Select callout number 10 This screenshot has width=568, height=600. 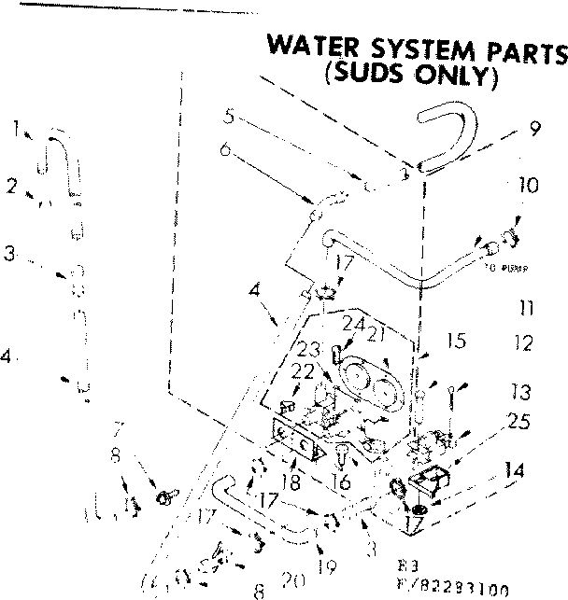click(x=528, y=186)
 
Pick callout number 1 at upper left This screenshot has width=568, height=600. click(x=16, y=131)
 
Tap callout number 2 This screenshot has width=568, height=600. click(x=11, y=186)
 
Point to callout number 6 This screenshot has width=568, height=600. click(x=225, y=148)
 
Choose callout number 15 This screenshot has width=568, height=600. click(x=455, y=342)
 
